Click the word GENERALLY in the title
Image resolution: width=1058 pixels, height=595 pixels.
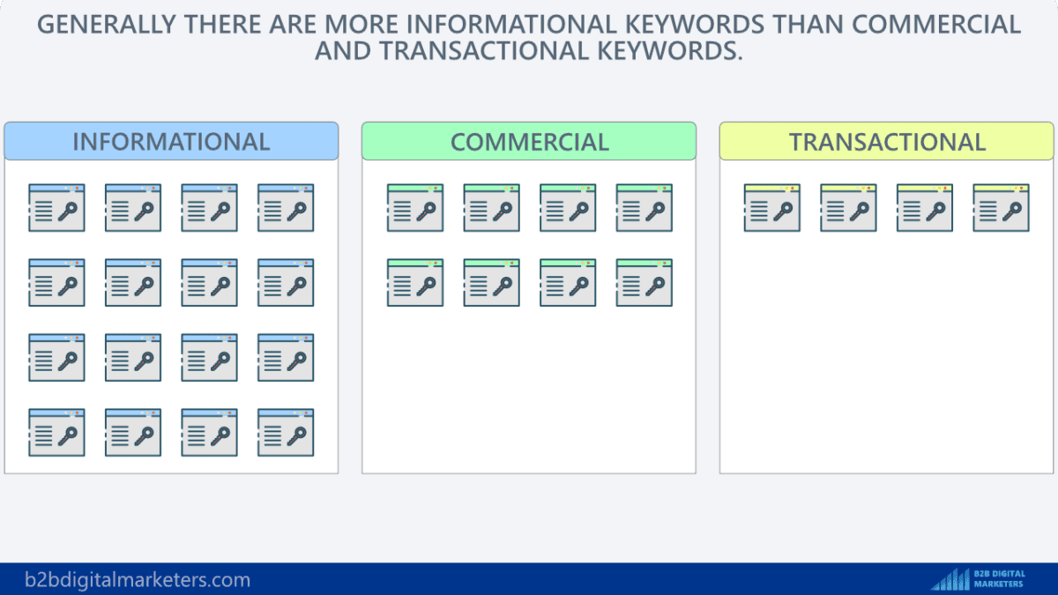pyautogui.click(x=108, y=24)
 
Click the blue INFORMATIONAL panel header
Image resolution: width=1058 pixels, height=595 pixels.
pyautogui.click(x=171, y=142)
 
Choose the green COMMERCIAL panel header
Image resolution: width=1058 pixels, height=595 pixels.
pyautogui.click(x=529, y=142)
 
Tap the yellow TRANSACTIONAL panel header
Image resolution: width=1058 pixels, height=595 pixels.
pyautogui.click(x=887, y=142)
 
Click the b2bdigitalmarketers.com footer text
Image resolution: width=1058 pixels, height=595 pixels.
pyautogui.click(x=126, y=580)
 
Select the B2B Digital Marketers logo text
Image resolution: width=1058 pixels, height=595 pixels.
pyautogui.click(x=999, y=579)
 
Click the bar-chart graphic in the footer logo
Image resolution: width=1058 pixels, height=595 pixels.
pyautogui.click(x=950, y=579)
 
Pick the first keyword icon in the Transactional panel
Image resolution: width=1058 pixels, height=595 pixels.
pyautogui.click(x=771, y=208)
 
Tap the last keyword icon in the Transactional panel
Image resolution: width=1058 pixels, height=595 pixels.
pyautogui.click(x=1001, y=208)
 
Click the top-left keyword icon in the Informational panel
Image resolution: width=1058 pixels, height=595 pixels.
pyautogui.click(x=56, y=208)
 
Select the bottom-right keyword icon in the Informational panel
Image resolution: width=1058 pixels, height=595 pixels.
pyautogui.click(x=286, y=433)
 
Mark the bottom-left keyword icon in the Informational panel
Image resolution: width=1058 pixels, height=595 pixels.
pyautogui.click(x=56, y=433)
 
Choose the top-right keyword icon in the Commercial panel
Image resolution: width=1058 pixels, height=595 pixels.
pyautogui.click(x=644, y=208)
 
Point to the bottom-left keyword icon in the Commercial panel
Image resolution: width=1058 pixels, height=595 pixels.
pyautogui.click(x=414, y=283)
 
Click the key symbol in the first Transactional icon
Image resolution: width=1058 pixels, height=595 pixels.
pyautogui.click(x=784, y=212)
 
